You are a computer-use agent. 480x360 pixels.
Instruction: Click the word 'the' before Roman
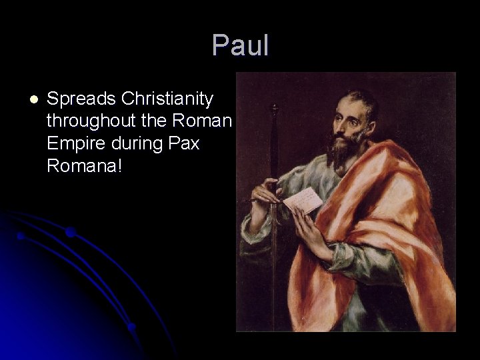click(156, 121)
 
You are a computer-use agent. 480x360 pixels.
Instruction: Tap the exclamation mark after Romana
click(119, 165)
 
